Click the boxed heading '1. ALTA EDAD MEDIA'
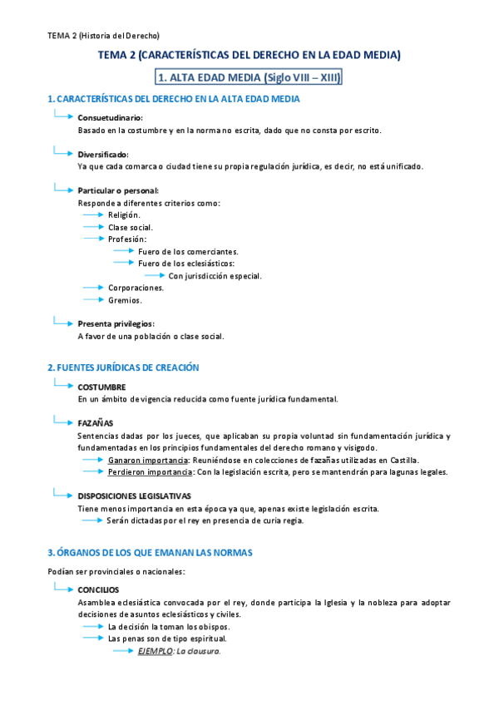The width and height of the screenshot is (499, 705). pyautogui.click(x=249, y=77)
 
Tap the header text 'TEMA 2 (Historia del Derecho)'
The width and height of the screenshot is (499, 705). pyautogui.click(x=103, y=36)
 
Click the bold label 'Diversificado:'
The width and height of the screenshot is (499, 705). pyautogui.click(x=103, y=155)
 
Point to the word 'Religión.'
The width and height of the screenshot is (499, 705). pyautogui.click(x=124, y=214)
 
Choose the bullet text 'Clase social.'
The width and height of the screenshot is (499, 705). pyautogui.click(x=130, y=227)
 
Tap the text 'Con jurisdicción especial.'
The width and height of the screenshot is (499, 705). pyautogui.click(x=215, y=275)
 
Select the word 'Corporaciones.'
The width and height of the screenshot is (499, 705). pyautogui.click(x=136, y=288)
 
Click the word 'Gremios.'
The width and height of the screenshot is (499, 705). pyautogui.click(x=125, y=300)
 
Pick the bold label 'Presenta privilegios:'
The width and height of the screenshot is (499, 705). pyautogui.click(x=116, y=324)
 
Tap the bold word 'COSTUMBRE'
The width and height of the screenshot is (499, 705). pyautogui.click(x=101, y=387)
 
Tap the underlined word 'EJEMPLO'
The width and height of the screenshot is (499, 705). pyautogui.click(x=156, y=651)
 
